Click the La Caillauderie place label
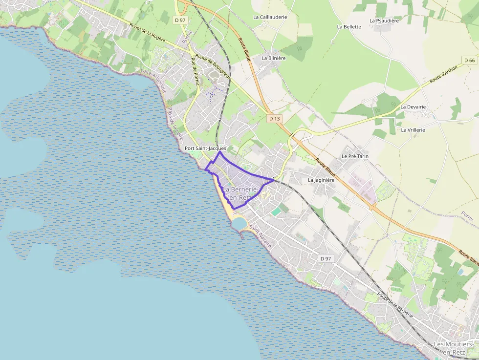[x=270, y=17]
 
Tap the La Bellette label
[x=349, y=27]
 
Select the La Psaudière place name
[x=385, y=21]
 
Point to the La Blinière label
[x=273, y=58]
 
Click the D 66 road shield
[x=469, y=60]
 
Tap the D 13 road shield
[x=274, y=119]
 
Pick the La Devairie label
[x=413, y=106]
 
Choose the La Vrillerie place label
[x=413, y=130]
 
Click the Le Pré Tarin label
[x=355, y=156]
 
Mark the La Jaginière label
[x=321, y=180]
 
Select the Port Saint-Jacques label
[x=205, y=148]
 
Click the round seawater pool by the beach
[x=239, y=223]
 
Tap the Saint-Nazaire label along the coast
[x=260, y=235]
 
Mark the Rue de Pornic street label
[x=195, y=71]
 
